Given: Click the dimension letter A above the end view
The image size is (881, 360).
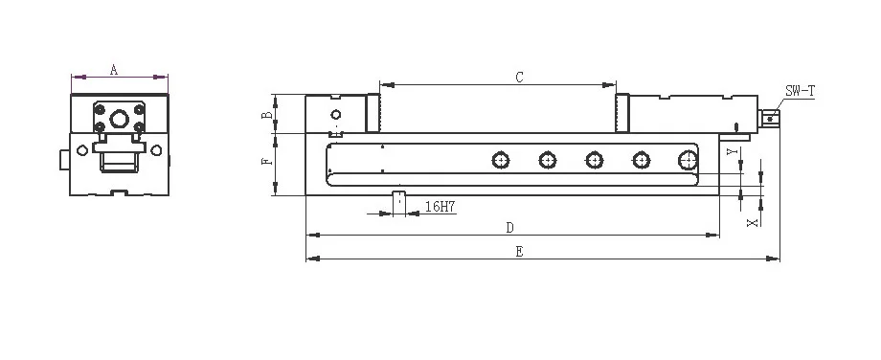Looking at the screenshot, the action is (114, 70).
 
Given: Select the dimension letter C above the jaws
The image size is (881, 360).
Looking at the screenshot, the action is (520, 78).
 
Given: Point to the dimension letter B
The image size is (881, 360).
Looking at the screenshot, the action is (268, 115).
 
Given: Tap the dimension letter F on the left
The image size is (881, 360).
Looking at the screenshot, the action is (268, 161).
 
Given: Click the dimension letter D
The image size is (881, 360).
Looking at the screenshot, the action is (509, 228).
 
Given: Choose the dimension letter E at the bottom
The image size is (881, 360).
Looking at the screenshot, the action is (520, 252).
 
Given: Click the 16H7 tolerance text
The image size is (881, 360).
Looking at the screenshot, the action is (440, 207).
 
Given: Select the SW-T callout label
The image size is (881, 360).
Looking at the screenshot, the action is (801, 91).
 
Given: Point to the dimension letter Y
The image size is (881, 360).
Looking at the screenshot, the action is (731, 151).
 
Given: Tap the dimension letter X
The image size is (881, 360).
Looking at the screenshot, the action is (753, 223).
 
